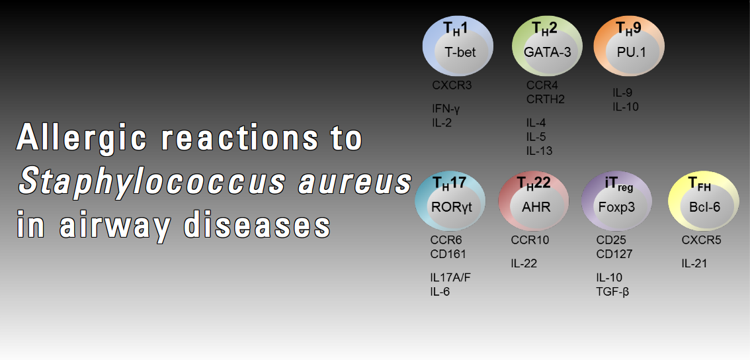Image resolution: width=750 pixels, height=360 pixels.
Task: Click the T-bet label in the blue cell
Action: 460,52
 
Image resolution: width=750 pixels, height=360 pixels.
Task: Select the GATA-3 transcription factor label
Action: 548,52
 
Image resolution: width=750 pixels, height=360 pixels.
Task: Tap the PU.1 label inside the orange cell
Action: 632,52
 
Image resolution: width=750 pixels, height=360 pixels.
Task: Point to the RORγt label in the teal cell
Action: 452,207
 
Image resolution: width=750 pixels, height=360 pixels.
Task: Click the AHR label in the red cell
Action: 536,207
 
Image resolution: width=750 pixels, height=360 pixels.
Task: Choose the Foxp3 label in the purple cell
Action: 617,207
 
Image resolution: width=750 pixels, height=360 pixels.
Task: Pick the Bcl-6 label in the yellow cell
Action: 704,207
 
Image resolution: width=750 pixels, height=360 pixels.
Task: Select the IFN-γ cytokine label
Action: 446,109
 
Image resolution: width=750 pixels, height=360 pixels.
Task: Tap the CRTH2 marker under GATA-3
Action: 546,99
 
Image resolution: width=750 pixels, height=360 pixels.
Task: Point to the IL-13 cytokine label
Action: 540,152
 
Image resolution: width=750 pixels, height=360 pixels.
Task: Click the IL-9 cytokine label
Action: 623,93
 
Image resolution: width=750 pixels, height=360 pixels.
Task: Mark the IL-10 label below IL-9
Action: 626,107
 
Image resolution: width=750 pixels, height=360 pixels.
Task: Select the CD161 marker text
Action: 448,253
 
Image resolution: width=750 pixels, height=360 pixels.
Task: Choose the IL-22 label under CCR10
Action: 524,263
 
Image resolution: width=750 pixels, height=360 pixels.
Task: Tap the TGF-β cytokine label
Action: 612,292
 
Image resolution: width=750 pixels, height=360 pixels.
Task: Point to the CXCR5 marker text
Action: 701,240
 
